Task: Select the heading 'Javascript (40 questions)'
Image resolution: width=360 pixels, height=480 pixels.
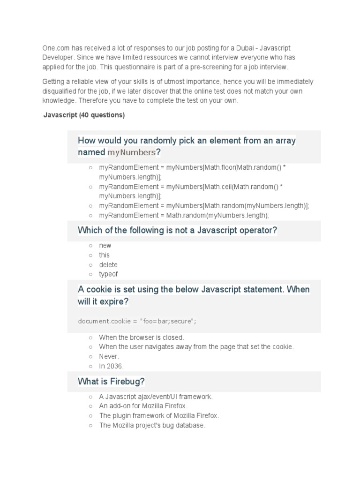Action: click(84, 115)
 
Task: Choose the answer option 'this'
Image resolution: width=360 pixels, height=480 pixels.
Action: click(104, 255)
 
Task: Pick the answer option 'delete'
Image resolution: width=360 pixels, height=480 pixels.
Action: click(108, 265)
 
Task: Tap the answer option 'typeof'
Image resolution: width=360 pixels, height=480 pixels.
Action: click(108, 274)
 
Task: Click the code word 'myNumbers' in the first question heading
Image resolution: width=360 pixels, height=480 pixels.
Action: click(131, 152)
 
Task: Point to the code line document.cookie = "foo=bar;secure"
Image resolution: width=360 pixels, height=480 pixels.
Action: click(137, 321)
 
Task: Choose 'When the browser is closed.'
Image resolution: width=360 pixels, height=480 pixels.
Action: click(142, 337)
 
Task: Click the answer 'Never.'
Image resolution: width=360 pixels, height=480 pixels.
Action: click(109, 357)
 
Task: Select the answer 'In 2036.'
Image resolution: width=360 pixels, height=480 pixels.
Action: click(112, 366)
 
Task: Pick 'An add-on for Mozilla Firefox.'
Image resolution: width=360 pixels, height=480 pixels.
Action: click(143, 406)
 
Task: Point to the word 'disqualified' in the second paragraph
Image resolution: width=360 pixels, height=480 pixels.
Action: click(61, 91)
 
